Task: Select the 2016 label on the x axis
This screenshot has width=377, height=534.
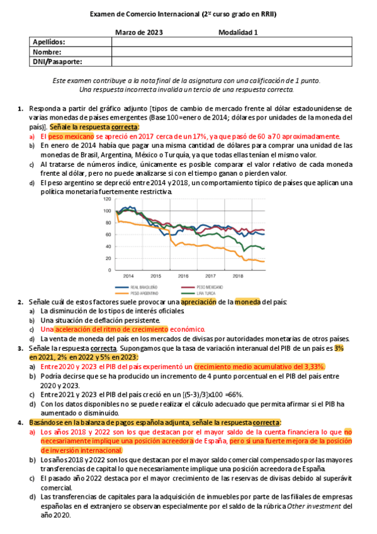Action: (183, 276)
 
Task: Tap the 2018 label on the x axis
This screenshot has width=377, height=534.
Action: (237, 276)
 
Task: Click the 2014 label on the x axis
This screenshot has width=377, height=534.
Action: (128, 276)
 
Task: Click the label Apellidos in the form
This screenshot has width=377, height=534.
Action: (49, 42)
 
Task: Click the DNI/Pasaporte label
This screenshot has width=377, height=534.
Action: (57, 62)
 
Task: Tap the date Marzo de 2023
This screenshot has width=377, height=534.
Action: (139, 32)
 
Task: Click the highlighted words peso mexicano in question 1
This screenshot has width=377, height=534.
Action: (69, 135)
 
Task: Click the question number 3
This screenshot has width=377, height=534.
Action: (21, 348)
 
